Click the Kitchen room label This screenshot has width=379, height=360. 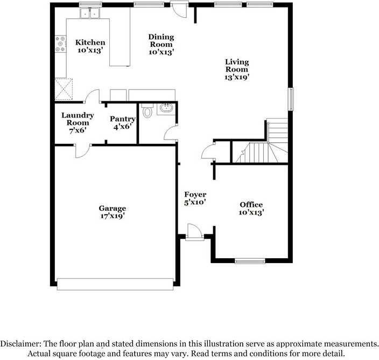[x=90, y=43]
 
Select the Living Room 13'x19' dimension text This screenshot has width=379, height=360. [x=237, y=77]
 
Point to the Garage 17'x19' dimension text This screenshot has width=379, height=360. [x=113, y=216]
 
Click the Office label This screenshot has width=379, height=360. [x=251, y=204]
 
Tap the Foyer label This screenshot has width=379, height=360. [x=195, y=195]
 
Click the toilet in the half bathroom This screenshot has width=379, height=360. [x=148, y=110]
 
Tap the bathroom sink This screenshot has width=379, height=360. [x=166, y=109]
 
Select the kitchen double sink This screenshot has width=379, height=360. [x=90, y=12]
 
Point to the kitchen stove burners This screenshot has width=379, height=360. [x=60, y=44]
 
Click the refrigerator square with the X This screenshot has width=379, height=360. [x=64, y=88]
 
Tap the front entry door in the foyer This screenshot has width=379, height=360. [x=192, y=232]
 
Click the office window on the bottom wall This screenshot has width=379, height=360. [x=250, y=261]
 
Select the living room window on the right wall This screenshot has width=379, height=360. [x=291, y=99]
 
